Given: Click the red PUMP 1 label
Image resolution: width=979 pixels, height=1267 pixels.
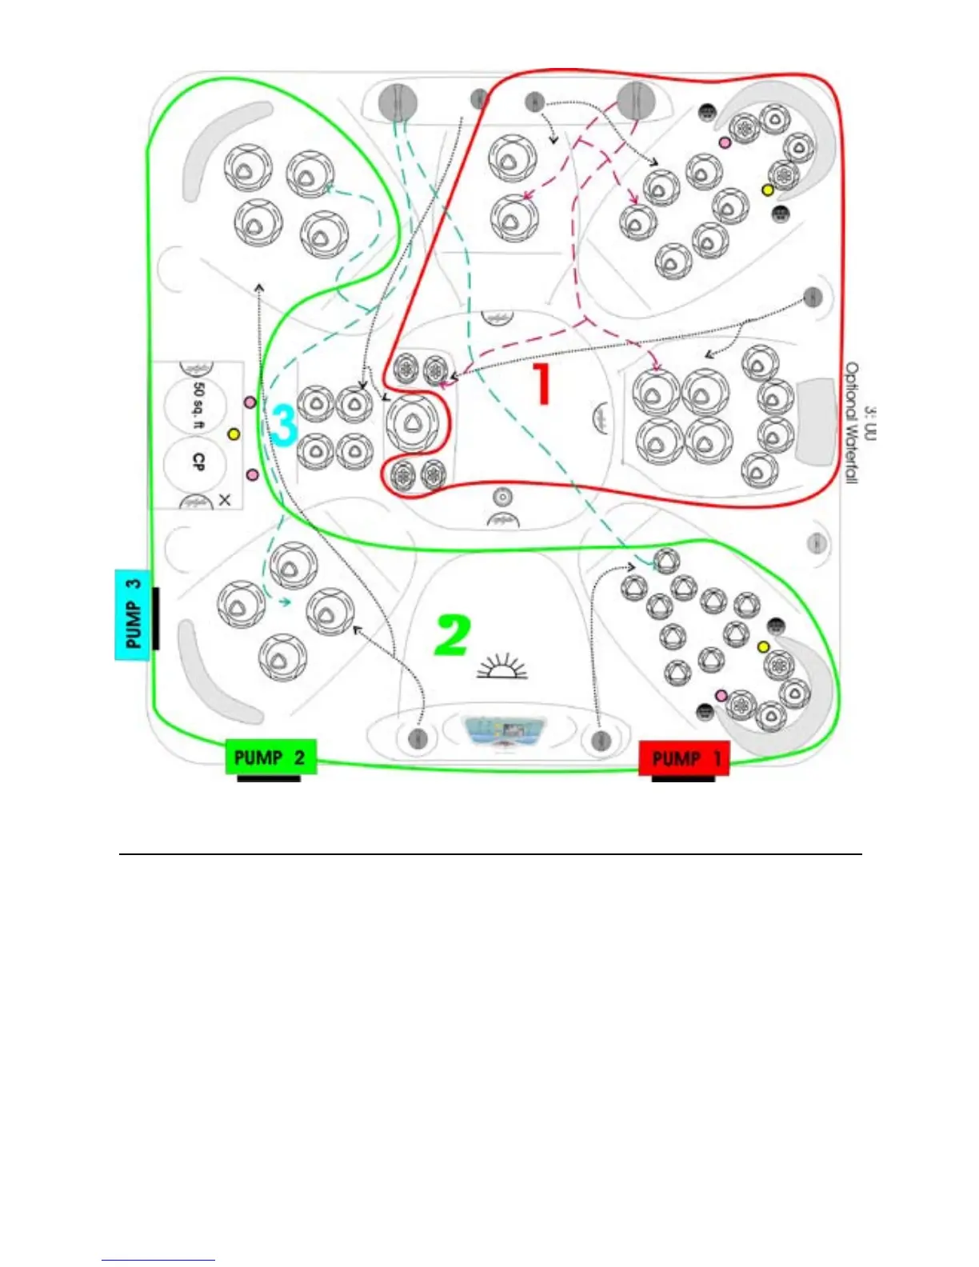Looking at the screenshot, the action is [x=684, y=757].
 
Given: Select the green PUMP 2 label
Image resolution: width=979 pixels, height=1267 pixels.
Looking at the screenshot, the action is [x=270, y=757].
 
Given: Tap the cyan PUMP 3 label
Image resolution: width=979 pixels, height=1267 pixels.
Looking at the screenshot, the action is [x=133, y=614].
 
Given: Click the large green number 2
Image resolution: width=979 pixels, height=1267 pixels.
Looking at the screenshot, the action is [x=453, y=635].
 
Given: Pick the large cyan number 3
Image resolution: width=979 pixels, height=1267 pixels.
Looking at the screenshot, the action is [x=284, y=424].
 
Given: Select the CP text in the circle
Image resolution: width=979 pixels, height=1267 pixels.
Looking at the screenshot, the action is [x=198, y=462].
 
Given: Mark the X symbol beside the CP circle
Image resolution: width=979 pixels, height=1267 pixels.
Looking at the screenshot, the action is [x=225, y=500].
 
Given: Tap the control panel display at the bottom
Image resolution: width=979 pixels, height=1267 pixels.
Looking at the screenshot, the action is [x=503, y=732].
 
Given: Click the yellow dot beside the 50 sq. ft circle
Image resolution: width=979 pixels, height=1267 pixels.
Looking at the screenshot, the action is [x=234, y=434].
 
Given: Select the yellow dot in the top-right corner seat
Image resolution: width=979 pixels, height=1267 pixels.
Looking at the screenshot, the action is [x=767, y=190].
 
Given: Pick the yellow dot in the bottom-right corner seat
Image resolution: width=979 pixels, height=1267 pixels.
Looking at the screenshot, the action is [x=763, y=646].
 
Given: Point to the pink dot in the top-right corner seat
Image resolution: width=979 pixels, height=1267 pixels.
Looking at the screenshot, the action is [x=725, y=142].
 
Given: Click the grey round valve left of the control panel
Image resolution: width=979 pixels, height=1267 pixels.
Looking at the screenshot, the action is [x=417, y=738].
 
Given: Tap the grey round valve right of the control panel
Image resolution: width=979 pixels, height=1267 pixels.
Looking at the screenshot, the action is [x=601, y=739].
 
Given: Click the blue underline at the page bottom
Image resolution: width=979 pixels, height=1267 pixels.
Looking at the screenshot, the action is [x=158, y=1261].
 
